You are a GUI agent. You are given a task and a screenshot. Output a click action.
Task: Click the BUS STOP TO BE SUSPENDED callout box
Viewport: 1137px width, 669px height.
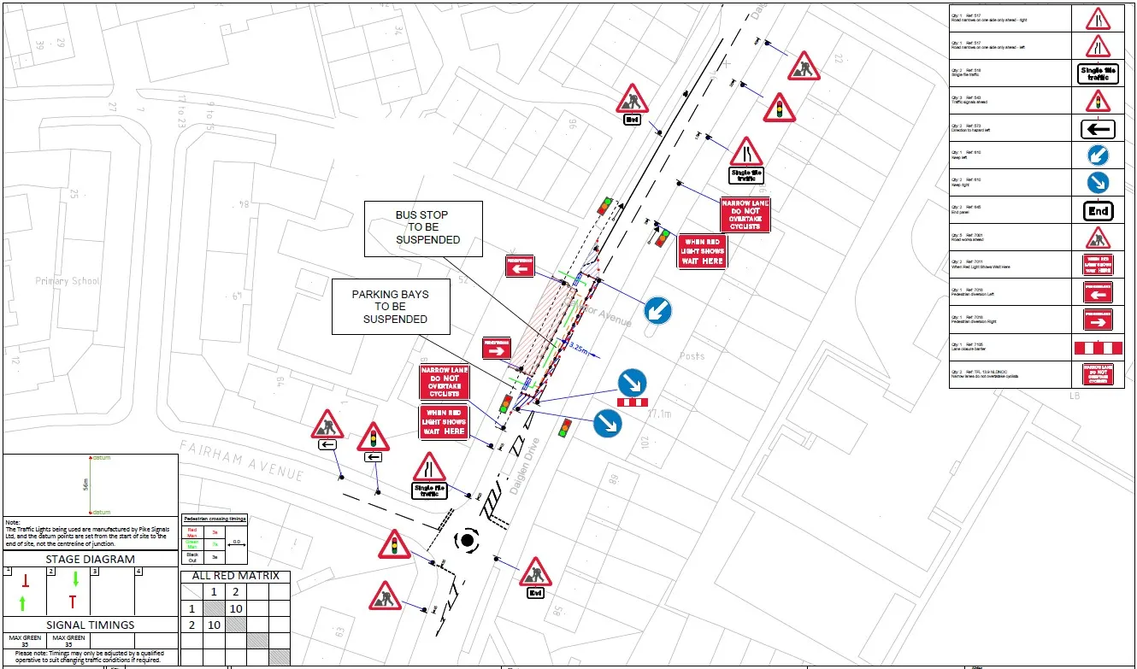pyautogui.click(x=423, y=228)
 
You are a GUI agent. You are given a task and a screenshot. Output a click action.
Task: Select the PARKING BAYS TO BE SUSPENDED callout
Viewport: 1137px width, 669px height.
pyautogui.click(x=391, y=306)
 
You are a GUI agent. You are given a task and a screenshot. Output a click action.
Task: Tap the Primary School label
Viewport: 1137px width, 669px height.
pyautogui.click(x=68, y=281)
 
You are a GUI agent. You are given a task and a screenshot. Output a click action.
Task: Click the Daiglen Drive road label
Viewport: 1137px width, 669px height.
pyautogui.click(x=527, y=467)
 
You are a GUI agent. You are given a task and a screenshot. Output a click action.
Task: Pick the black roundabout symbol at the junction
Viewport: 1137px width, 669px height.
pyautogui.click(x=467, y=540)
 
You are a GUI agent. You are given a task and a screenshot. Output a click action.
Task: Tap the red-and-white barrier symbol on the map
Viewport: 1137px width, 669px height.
pyautogui.click(x=633, y=402)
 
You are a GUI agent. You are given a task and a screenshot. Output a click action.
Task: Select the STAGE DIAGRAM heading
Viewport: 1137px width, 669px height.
pyautogui.click(x=90, y=559)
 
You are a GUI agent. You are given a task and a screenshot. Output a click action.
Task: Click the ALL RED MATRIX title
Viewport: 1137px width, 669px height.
pyautogui.click(x=235, y=576)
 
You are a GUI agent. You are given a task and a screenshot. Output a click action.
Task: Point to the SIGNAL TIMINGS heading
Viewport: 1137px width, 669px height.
pyautogui.click(x=90, y=625)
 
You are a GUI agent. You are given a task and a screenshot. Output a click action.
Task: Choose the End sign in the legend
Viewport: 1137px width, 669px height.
pyautogui.click(x=1098, y=210)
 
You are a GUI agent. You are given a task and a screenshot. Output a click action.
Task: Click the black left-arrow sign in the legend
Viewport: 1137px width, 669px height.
pyautogui.click(x=1098, y=129)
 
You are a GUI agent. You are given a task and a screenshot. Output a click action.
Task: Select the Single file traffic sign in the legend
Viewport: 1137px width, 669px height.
pyautogui.click(x=1098, y=73)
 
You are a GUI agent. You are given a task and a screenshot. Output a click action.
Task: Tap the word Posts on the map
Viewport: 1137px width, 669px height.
pyautogui.click(x=692, y=355)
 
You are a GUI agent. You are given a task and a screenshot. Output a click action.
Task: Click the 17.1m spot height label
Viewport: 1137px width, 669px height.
pyautogui.click(x=659, y=414)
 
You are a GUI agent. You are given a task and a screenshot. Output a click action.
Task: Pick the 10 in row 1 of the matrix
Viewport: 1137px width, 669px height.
pyautogui.click(x=236, y=608)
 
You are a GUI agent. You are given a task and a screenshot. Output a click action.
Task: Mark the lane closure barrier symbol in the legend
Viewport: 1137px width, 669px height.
pyautogui.click(x=1098, y=348)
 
